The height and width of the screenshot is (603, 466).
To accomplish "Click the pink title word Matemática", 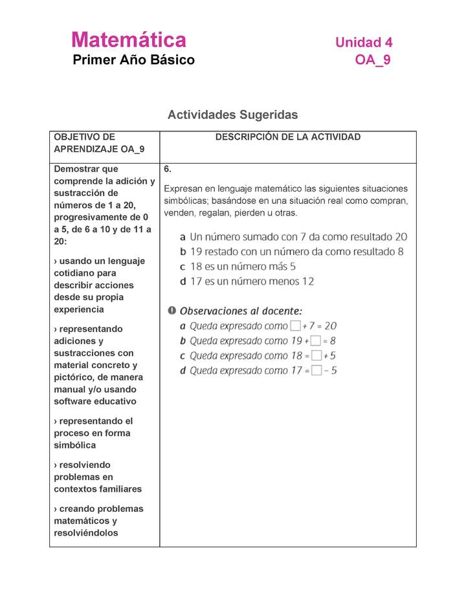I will (x=129, y=40).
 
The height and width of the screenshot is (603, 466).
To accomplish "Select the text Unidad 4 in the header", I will (x=364, y=43).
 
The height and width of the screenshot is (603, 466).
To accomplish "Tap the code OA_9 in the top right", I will (x=372, y=61).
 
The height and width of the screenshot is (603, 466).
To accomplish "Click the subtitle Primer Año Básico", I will (x=133, y=60).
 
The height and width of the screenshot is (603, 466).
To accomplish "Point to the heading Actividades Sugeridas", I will (x=232, y=115).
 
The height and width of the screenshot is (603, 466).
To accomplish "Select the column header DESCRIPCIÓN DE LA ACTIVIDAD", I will (x=288, y=137).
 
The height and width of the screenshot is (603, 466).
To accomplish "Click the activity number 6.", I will (x=167, y=170).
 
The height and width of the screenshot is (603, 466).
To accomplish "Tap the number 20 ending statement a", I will (x=401, y=237).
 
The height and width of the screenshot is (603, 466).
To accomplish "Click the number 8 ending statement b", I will (x=401, y=252).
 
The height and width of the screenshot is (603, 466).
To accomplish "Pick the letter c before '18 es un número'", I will (x=183, y=267).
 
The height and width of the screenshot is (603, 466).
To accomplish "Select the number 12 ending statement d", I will (x=307, y=281).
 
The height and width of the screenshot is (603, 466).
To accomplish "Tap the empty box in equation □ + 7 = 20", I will (x=295, y=326).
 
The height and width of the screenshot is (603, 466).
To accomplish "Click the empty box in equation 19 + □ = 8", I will (x=316, y=341).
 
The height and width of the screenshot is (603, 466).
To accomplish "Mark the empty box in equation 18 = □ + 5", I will (x=316, y=356).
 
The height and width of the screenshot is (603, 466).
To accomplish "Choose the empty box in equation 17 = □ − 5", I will (x=316, y=371).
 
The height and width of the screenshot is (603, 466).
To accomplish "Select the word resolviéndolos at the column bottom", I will (x=86, y=533).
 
